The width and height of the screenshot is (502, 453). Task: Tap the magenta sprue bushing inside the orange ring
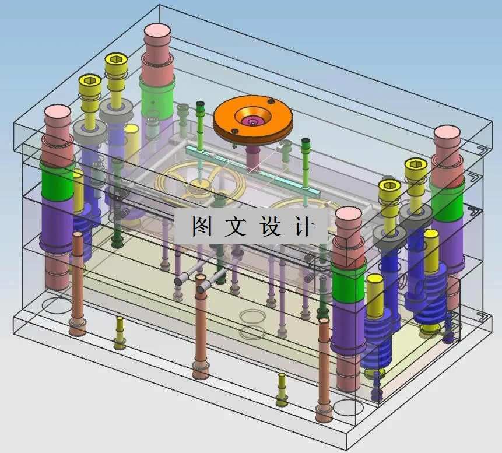pos(252,121)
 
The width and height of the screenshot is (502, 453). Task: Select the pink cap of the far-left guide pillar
pos(57,114)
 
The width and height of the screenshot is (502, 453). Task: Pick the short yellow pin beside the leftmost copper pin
pos(120,332)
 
